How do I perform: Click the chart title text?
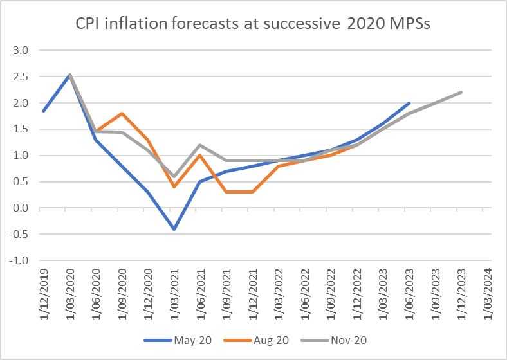(253, 26)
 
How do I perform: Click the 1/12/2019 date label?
(43, 291)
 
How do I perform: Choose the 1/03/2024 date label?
(487, 291)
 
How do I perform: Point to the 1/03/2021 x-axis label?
(174, 291)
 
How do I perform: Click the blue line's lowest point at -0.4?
(174, 229)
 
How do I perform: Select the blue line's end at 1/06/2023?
(409, 103)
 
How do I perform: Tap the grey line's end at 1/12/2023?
(461, 93)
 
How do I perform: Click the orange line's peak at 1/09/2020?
(122, 114)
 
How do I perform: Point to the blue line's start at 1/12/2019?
(42, 111)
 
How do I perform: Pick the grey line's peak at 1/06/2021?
(200, 145)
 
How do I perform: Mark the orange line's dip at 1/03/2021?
(174, 187)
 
